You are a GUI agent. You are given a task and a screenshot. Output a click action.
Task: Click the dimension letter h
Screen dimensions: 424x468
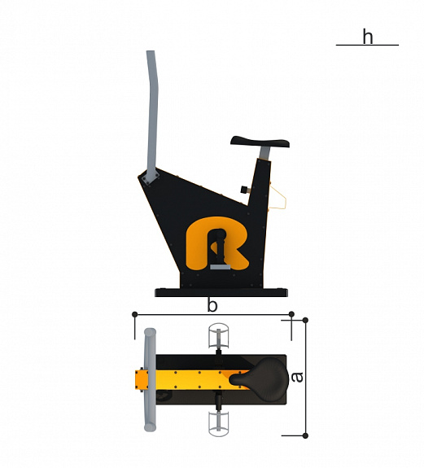[x=368, y=37]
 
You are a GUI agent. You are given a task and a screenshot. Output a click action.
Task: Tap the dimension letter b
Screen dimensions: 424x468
[x=212, y=305]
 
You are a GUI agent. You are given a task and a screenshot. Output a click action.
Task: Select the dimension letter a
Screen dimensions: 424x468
[x=297, y=377]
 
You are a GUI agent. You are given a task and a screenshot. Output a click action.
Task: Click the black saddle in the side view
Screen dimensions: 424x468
[x=260, y=142]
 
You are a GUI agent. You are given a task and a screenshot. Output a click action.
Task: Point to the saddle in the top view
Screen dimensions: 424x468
[x=260, y=378]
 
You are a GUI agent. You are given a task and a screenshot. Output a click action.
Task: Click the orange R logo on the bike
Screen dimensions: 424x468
[x=217, y=243]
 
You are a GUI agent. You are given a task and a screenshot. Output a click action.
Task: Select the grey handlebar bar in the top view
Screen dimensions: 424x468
[x=150, y=379]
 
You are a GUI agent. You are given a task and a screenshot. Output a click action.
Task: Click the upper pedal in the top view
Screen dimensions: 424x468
[x=219, y=336]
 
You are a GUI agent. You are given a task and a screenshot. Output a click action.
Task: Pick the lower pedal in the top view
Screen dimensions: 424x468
[x=219, y=424]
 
